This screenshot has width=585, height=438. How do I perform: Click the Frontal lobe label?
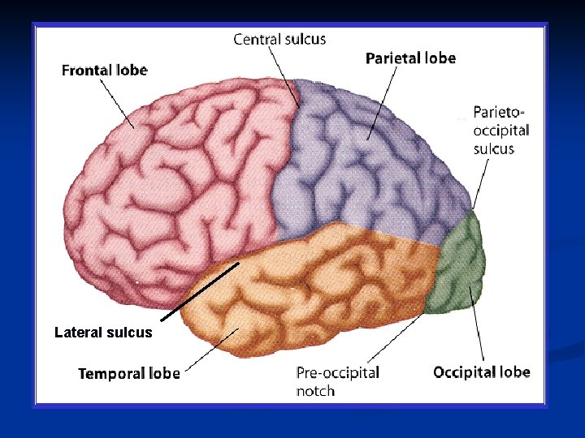(104, 70)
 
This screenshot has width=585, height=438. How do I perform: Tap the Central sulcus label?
(279, 39)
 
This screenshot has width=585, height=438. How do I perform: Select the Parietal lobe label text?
(410, 58)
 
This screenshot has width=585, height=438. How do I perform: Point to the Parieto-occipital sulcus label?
(501, 129)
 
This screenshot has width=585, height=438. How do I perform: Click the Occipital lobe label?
(481, 372)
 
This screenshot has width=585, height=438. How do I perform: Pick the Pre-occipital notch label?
(337, 381)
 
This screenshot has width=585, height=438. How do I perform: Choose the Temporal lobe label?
(128, 373)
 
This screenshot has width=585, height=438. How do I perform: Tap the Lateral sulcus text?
(103, 332)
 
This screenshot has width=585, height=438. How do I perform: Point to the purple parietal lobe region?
(366, 162)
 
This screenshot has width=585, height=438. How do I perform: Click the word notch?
(315, 391)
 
